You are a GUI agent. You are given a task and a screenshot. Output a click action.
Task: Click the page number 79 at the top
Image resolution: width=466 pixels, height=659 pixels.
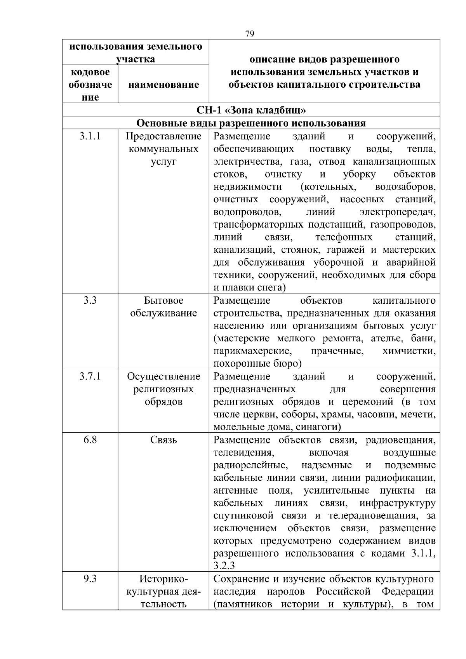click(x=250, y=34)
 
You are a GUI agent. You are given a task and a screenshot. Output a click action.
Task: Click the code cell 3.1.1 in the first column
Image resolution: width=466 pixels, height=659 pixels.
click(x=90, y=136)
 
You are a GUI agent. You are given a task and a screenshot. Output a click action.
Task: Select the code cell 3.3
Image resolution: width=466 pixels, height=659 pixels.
click(x=90, y=300)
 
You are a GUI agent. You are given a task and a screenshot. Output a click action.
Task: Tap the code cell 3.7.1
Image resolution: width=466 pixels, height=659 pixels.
click(x=90, y=376)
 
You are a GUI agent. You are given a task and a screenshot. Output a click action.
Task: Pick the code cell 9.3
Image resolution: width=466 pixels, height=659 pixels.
click(x=90, y=579)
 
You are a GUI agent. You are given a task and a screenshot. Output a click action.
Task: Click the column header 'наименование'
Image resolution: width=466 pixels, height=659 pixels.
click(x=163, y=85)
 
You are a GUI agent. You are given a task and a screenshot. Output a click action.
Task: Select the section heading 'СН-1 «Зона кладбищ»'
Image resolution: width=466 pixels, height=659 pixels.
click(x=251, y=110)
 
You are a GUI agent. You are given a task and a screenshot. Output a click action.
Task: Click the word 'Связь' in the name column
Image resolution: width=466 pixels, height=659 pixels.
click(x=163, y=440)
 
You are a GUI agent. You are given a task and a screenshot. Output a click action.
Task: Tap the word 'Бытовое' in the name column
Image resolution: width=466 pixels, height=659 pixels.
click(x=163, y=301)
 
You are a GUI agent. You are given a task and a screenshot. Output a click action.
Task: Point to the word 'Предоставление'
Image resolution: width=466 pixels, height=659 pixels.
click(x=163, y=136)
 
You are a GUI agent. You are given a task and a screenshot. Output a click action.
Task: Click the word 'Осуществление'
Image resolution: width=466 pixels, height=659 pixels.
click(x=163, y=376)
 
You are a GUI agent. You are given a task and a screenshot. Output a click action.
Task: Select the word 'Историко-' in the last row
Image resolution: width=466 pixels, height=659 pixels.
click(x=163, y=579)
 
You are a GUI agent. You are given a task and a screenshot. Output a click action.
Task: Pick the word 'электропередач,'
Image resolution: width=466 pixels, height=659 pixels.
click(x=397, y=212)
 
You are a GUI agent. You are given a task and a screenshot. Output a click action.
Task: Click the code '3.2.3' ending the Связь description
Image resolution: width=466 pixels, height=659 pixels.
click(x=224, y=566)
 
